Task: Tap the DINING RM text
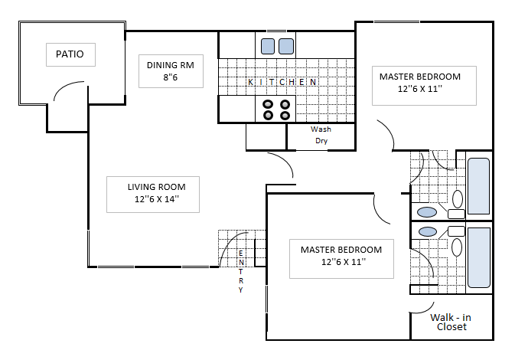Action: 171,64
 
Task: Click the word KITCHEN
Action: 282,82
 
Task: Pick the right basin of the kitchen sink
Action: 286,46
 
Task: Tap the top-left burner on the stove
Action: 269,104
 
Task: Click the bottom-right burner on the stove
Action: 285,116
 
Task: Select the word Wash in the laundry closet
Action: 321,129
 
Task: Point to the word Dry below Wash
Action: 321,141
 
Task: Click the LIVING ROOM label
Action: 152,187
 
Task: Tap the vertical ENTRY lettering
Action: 241,272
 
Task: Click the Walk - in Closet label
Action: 451,322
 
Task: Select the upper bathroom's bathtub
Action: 478,186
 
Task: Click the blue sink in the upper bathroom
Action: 427,211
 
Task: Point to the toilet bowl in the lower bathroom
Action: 458,247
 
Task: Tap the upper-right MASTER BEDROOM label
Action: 420,76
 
